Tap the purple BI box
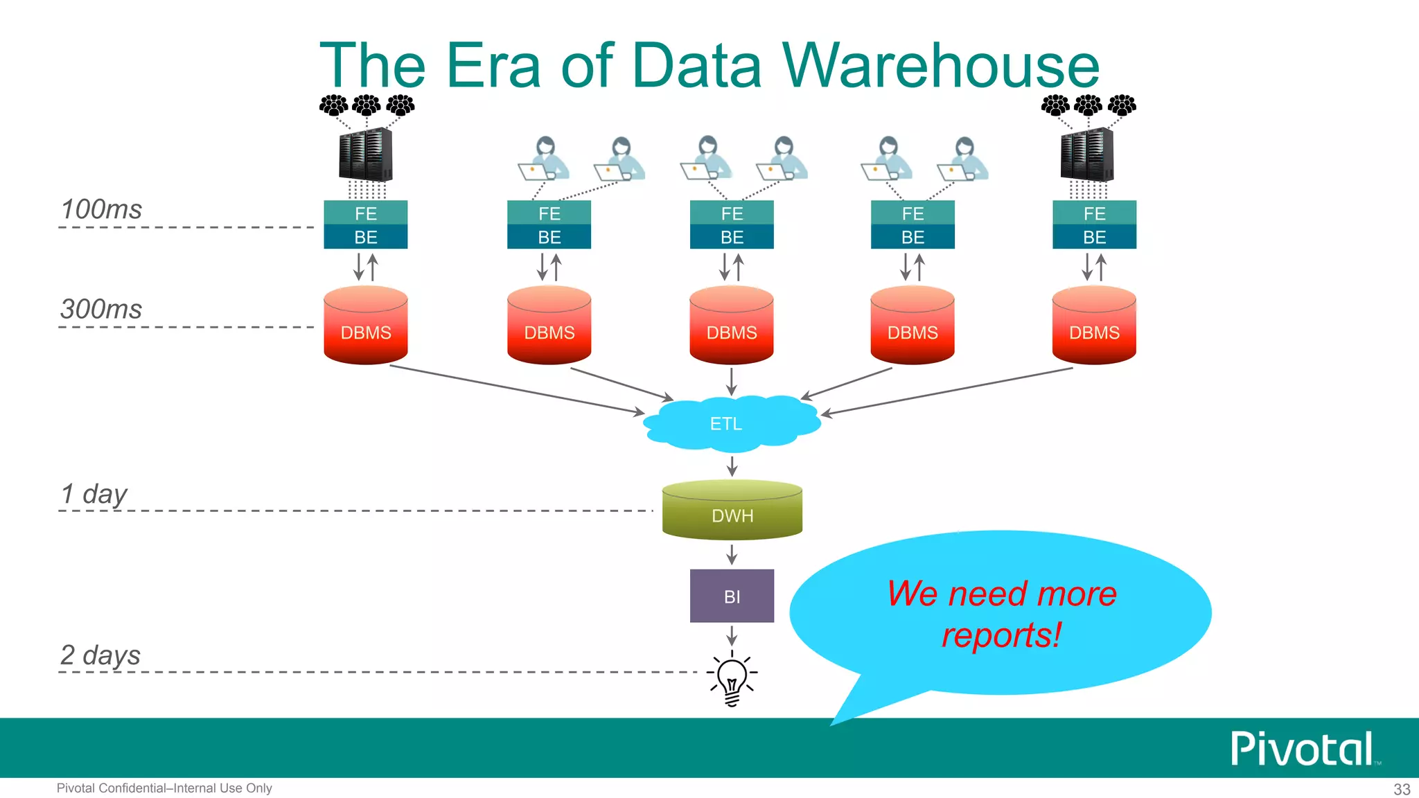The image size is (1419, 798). click(732, 596)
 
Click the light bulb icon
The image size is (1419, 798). click(732, 679)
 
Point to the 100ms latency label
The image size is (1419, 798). click(101, 209)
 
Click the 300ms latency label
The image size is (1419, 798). click(101, 309)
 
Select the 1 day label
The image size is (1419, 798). click(94, 495)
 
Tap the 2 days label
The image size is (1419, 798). click(100, 655)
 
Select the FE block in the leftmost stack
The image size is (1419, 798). click(365, 213)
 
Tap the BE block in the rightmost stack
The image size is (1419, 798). click(1094, 237)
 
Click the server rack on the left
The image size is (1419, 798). click(365, 154)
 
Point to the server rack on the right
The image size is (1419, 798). click(1087, 154)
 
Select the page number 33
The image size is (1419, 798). click(1402, 789)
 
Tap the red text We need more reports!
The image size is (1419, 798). click(1001, 614)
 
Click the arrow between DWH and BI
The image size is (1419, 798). click(732, 554)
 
